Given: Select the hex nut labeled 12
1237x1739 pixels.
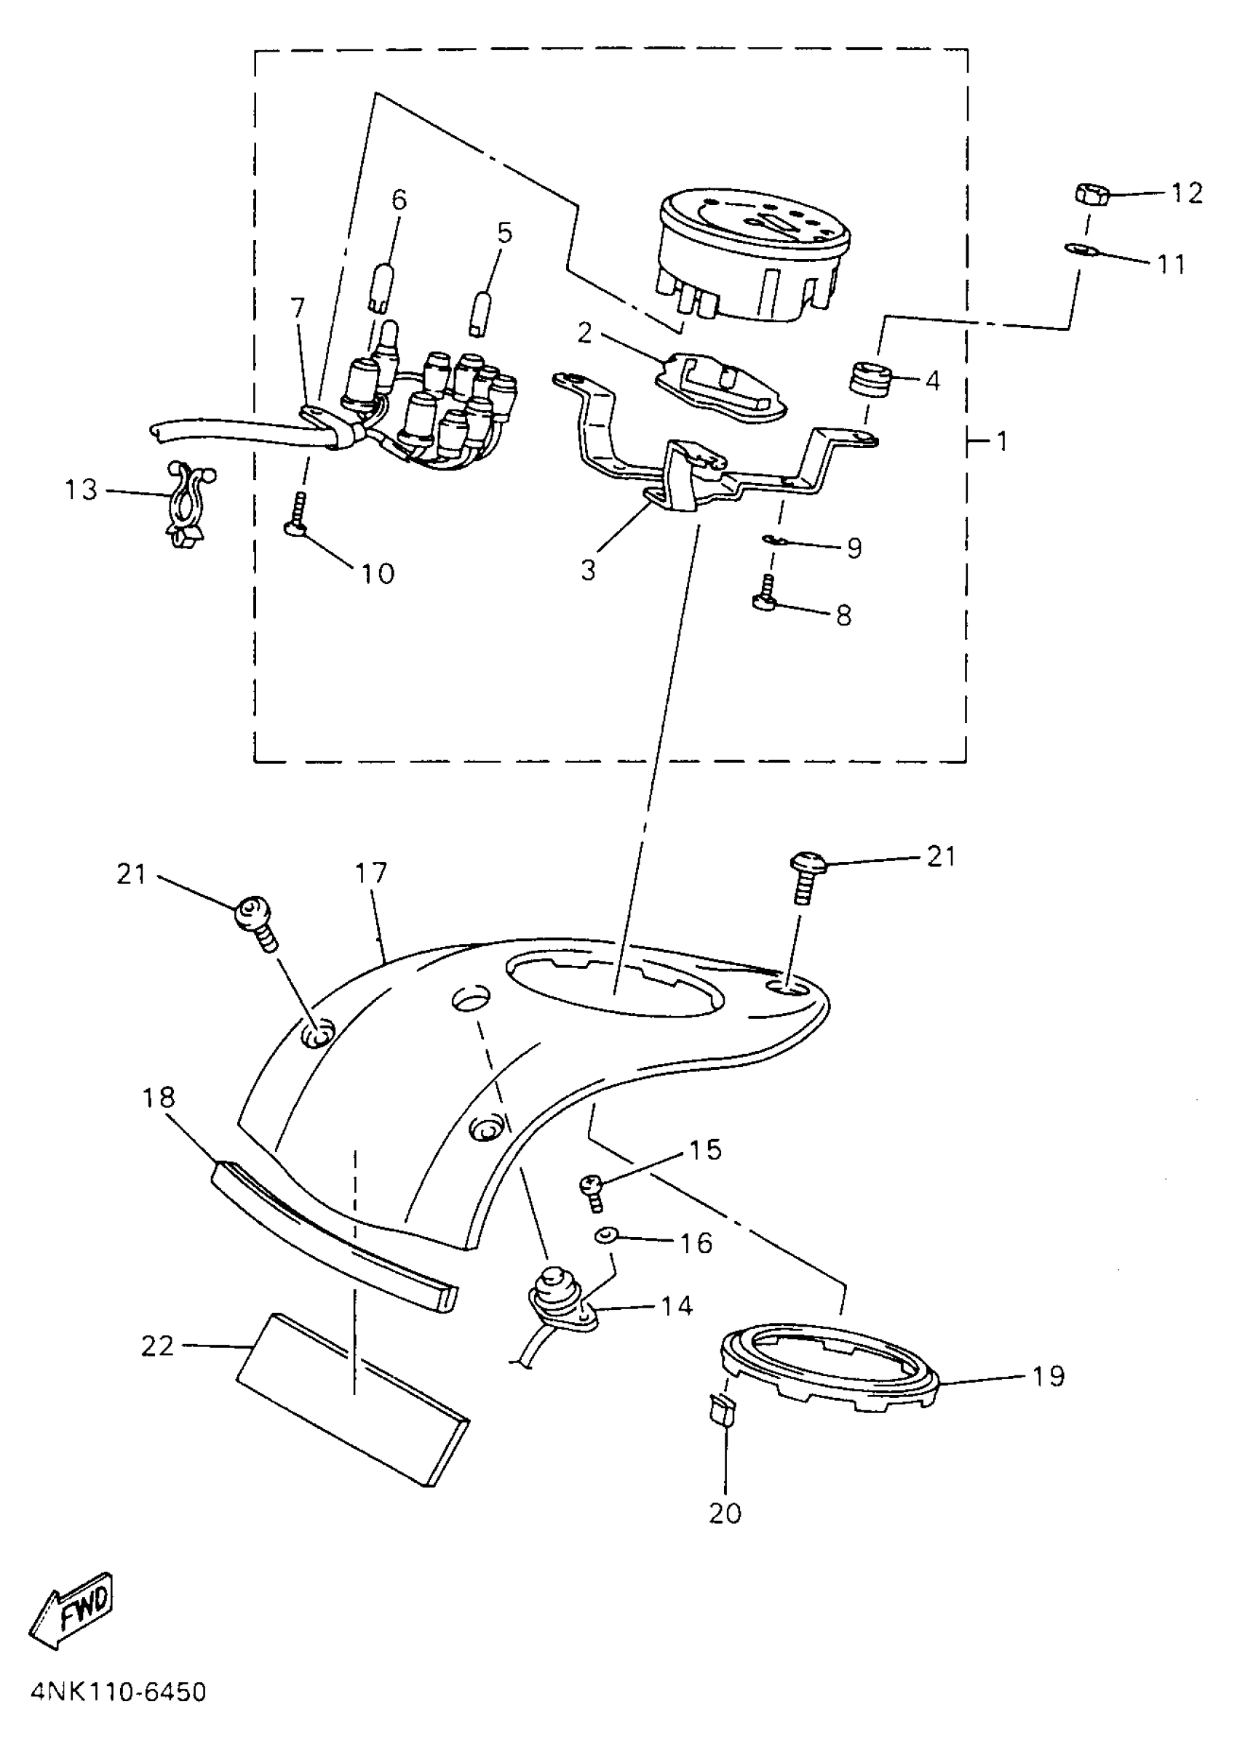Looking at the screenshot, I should pyautogui.click(x=1090, y=194).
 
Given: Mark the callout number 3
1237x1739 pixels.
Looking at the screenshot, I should pyautogui.click(x=587, y=570).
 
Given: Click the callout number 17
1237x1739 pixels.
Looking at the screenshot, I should pyautogui.click(x=371, y=873).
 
